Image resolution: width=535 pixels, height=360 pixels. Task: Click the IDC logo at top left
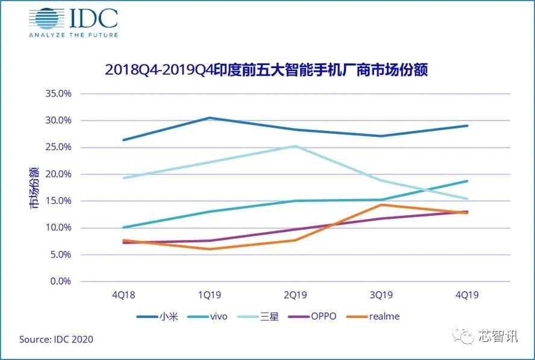pos(73,22)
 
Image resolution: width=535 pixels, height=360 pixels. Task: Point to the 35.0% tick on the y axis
pos(59,94)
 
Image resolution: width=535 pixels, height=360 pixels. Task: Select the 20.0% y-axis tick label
pos(59,174)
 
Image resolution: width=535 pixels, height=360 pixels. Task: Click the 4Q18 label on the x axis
pos(123,295)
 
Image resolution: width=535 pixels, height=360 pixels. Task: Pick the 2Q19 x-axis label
pos(295,295)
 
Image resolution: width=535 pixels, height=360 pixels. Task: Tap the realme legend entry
pos(378,316)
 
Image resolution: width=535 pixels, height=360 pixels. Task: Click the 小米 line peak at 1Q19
pos(209,118)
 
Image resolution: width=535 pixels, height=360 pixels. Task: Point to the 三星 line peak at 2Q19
pos(295,146)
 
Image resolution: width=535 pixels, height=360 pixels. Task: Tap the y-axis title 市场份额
pos(34,187)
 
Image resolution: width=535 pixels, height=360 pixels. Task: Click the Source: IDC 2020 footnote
pos(56,339)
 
